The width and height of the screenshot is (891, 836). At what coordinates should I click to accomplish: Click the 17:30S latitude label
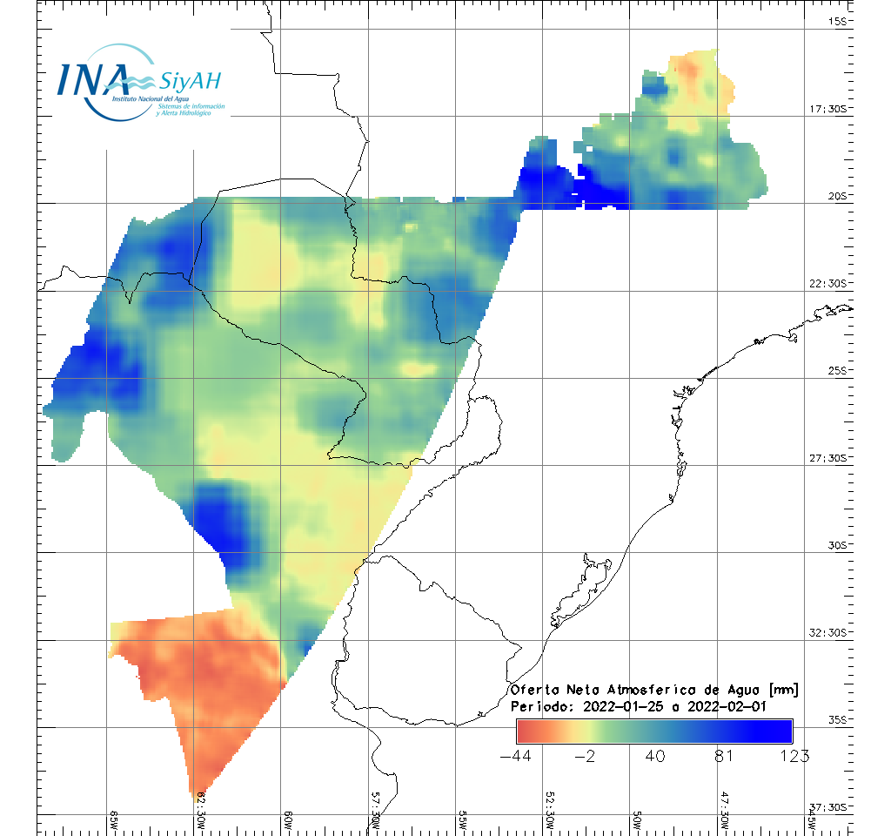829,109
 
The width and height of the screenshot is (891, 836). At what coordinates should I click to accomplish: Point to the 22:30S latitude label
829,284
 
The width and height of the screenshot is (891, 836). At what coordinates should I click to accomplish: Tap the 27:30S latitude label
829,458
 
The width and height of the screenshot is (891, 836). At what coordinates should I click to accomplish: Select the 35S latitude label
839,719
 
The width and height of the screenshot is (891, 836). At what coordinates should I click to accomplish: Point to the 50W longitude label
637,820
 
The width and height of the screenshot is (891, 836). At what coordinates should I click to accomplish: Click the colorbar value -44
518,756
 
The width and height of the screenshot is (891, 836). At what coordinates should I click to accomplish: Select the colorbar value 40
656,756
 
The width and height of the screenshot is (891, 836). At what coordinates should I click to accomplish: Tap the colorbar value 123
793,756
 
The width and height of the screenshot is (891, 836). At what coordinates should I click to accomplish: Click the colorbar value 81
725,756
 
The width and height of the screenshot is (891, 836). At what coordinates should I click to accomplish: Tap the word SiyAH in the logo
191,81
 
